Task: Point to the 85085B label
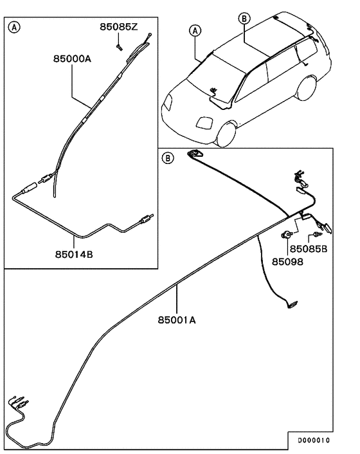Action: click(308, 248)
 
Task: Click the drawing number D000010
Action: click(313, 440)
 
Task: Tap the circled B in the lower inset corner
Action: click(167, 158)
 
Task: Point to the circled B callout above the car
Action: click(244, 19)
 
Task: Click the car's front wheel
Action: click(227, 133)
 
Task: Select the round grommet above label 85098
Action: click(287, 235)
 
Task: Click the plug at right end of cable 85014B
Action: click(145, 221)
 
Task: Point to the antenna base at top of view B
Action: click(195, 154)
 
